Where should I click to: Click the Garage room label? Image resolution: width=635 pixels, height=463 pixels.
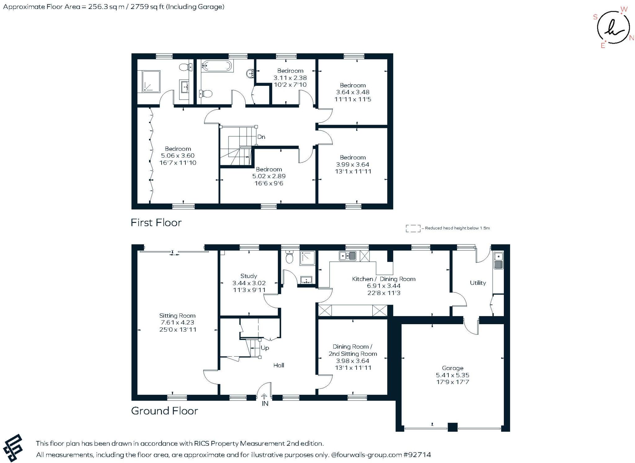452,368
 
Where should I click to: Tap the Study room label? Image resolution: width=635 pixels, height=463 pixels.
249,276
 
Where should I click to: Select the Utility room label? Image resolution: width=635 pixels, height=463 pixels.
478,283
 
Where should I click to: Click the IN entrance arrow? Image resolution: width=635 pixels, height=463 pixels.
264,397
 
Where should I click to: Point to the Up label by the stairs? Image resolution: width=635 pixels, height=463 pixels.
265,348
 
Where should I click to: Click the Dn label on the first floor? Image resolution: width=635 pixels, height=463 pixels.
261,137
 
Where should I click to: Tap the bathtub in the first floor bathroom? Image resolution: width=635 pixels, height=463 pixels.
216,66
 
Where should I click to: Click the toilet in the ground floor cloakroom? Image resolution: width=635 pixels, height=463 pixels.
289,257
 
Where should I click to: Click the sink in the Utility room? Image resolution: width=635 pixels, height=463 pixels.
498,260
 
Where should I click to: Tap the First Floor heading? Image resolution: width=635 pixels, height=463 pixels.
156,223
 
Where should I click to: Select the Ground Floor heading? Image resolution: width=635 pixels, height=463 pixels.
164,411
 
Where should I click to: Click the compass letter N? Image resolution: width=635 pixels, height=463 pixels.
631,38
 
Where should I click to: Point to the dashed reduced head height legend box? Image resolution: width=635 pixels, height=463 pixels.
413,228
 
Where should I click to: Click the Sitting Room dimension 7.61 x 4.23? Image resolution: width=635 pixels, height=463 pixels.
177,322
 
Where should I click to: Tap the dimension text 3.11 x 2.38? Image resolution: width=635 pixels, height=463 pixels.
290,78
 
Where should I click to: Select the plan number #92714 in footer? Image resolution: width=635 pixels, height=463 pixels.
417,455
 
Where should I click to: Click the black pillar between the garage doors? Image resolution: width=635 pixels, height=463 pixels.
452,427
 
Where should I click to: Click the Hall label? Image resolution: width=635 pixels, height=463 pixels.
278,365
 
